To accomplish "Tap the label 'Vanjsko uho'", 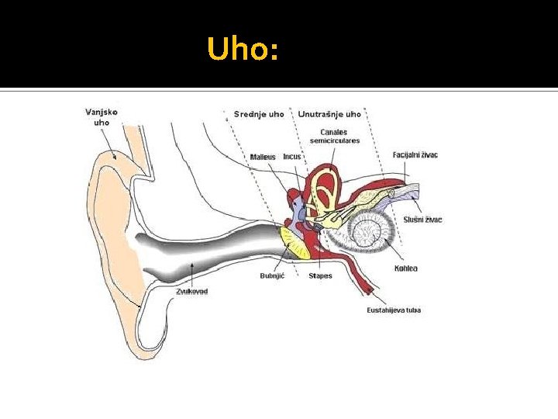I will coord(102,116).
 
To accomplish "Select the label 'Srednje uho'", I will coord(259,114).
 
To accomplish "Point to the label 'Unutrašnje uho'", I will coord(329,114).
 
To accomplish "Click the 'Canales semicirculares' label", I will coord(334,137).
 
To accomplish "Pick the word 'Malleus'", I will coord(263,157).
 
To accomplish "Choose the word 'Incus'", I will coord(292,157).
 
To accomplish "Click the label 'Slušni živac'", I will coord(422,220).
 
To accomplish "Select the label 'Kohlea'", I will coord(405,268).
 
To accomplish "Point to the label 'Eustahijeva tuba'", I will coord(394,310).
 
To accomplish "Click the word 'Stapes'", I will coord(320,275).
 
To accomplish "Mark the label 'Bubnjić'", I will coord(272,275).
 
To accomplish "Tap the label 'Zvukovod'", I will coord(191,291).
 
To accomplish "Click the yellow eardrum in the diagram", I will coord(295,242).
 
